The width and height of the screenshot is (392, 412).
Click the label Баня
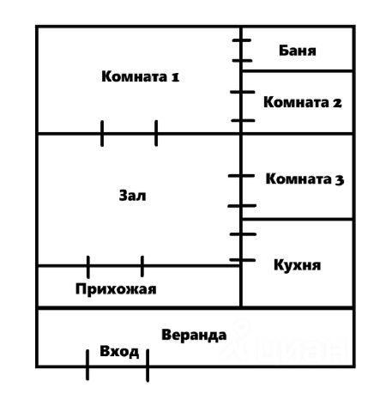pyautogui.click(x=298, y=51)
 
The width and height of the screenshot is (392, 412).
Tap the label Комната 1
pyautogui.click(x=141, y=76)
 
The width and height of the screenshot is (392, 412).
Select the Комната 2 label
pyautogui.click(x=303, y=102)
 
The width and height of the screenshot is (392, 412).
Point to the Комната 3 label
pyautogui.click(x=305, y=179)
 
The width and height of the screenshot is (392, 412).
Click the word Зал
pyautogui.click(x=132, y=196)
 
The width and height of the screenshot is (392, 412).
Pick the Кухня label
pyautogui.click(x=298, y=265)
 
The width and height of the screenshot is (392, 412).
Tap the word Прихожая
pyautogui.click(x=116, y=289)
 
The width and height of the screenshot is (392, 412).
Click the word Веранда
pyautogui.click(x=194, y=335)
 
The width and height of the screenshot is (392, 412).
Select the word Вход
pyautogui.click(x=119, y=351)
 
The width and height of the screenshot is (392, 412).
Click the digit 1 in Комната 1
pyautogui.click(x=175, y=77)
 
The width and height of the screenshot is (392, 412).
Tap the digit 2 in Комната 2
pyautogui.click(x=337, y=103)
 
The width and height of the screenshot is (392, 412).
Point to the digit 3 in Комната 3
pyautogui.click(x=340, y=180)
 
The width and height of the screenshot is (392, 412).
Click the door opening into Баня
pyautogui.click(x=241, y=51)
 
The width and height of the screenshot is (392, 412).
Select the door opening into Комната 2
pyautogui.click(x=241, y=106)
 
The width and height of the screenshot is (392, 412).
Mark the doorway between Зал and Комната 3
pyautogui.click(x=241, y=191)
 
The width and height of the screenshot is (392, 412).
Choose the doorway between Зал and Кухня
pyautogui.click(x=241, y=247)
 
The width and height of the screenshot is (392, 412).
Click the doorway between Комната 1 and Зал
pyautogui.click(x=129, y=133)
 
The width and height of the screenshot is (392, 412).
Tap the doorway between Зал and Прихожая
pyautogui.click(x=115, y=266)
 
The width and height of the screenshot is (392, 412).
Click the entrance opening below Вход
pyautogui.click(x=118, y=366)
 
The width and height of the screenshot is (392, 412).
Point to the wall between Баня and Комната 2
pyautogui.click(x=298, y=70)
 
